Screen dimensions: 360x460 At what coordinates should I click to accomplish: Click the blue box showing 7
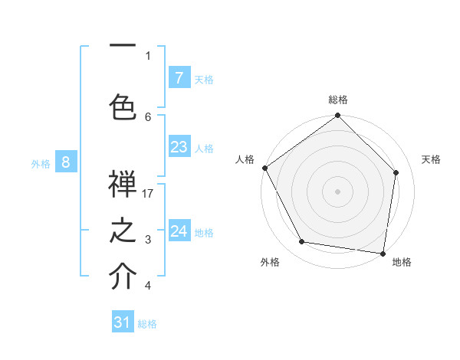(x=179, y=78)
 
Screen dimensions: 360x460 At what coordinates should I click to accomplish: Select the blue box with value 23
(x=179, y=147)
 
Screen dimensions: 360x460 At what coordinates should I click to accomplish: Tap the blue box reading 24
(x=179, y=231)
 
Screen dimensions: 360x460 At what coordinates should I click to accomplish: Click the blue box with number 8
(x=66, y=162)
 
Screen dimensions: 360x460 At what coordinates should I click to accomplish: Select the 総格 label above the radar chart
(x=338, y=100)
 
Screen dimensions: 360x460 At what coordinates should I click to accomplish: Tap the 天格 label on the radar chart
(x=432, y=159)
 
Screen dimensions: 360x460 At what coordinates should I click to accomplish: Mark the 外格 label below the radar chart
(x=270, y=262)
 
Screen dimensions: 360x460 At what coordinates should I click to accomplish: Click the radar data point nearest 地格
(x=383, y=253)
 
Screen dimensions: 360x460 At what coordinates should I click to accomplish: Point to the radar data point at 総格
(x=338, y=116)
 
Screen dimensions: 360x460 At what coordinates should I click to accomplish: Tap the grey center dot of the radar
(x=338, y=191)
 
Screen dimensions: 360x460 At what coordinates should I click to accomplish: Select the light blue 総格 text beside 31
(x=147, y=324)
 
